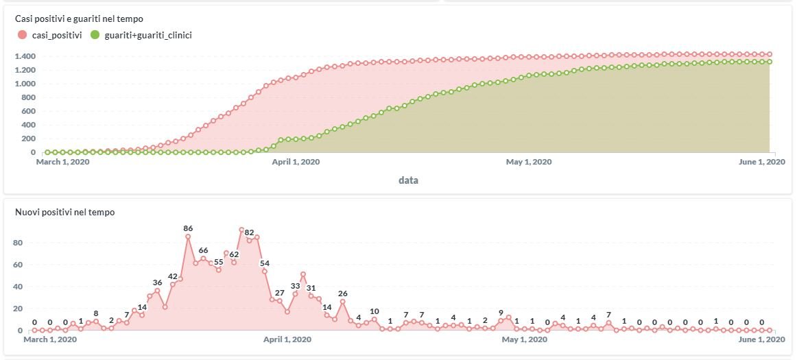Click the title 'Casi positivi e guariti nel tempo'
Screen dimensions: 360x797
(x=79, y=19)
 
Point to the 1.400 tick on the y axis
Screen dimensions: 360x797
(x=25, y=56)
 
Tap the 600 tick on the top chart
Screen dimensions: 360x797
(x=28, y=111)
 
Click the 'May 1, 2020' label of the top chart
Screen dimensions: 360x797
(x=529, y=162)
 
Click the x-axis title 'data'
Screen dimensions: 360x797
(x=408, y=180)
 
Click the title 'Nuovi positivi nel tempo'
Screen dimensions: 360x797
(x=64, y=213)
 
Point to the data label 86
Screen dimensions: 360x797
(x=188, y=228)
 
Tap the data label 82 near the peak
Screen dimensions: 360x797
(x=250, y=232)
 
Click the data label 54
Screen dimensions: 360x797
(x=265, y=263)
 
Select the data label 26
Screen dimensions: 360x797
(x=342, y=293)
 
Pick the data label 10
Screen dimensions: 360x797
(x=374, y=311)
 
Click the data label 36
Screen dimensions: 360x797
(x=157, y=283)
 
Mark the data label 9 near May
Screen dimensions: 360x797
(x=501, y=313)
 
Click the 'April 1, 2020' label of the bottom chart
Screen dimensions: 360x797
(x=287, y=339)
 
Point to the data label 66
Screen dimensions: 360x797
(x=203, y=250)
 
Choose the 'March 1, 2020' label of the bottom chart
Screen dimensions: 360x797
(x=55, y=339)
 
